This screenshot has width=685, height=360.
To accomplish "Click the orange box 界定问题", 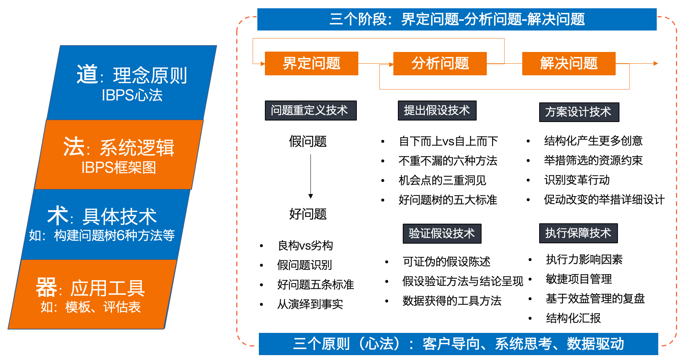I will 311,63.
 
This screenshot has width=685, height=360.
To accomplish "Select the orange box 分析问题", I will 440,63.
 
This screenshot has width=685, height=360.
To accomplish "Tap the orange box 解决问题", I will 569,63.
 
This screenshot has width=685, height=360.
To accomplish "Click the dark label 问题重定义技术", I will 310,110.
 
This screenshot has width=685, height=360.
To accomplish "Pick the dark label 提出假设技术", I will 437,110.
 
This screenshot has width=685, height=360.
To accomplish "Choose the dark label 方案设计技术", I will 579,112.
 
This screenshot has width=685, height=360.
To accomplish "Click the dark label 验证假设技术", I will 442,233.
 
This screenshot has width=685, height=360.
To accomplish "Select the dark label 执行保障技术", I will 578,233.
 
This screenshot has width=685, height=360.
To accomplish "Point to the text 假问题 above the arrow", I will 308,142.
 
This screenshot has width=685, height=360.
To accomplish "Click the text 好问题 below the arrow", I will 308,214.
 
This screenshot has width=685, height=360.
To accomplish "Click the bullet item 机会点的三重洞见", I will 442,180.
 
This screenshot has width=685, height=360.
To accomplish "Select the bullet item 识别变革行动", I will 577,180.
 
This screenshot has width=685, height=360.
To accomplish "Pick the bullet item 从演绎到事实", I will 310,304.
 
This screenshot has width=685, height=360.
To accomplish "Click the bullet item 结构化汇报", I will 573,318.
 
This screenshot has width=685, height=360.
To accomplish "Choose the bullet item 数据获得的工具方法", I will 452,301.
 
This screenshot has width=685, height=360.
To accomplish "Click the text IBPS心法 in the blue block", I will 132,95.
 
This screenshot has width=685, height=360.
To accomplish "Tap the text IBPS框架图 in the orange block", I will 119,168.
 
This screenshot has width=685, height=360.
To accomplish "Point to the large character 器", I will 46,288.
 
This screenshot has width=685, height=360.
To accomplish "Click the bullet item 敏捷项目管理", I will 579,279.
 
